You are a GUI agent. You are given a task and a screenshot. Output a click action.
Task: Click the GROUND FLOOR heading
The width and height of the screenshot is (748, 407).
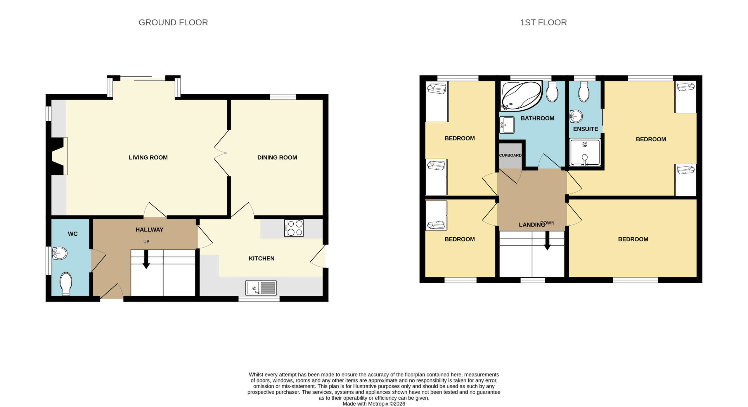click(x=173, y=22)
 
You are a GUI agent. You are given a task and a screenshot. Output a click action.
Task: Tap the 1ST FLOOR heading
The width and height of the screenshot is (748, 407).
click(x=543, y=22)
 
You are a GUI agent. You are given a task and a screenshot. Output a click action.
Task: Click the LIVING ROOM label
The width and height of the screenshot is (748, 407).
click(x=148, y=158)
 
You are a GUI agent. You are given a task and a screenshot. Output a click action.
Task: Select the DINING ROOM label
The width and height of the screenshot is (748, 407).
click(x=277, y=158)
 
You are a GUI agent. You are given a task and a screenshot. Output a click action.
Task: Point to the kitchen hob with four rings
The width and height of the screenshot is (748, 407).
click(x=294, y=228)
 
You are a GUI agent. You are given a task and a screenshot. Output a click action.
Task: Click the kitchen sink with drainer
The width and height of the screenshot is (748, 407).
click(x=261, y=288)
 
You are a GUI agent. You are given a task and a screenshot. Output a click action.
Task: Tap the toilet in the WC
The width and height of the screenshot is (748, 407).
click(x=66, y=284)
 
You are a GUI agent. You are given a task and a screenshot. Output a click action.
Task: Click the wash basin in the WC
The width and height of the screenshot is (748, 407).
click(x=60, y=253)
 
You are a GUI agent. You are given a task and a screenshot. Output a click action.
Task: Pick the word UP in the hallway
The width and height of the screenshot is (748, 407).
click(x=146, y=242)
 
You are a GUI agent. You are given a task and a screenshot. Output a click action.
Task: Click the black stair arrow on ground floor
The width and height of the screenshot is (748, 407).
click(x=146, y=259)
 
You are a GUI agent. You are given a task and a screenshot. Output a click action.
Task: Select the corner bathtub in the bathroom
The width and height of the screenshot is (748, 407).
click(x=522, y=96)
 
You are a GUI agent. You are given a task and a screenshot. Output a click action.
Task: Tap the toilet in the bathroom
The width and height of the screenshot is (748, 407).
click(x=552, y=91)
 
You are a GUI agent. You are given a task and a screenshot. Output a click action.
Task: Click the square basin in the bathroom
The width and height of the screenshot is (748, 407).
click(x=507, y=125)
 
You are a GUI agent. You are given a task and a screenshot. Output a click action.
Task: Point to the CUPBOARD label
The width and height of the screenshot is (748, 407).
click(x=510, y=155)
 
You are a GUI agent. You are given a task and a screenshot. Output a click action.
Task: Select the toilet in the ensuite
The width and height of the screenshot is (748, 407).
click(x=583, y=91)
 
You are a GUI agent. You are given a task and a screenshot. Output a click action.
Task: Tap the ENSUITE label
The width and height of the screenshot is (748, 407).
click(x=586, y=129)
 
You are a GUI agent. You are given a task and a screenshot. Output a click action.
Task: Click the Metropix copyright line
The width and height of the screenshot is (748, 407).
click(x=374, y=404)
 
